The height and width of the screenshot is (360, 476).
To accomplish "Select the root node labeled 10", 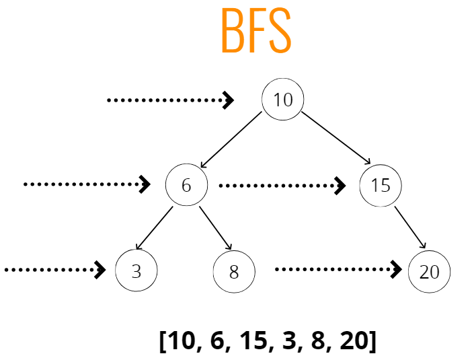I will [282, 100].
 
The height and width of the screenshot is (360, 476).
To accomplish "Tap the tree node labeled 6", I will [186, 184].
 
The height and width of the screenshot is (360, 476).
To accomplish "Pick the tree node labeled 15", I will [381, 184].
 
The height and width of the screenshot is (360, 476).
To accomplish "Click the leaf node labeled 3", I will [136, 271].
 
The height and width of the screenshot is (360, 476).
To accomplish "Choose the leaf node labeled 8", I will [234, 272].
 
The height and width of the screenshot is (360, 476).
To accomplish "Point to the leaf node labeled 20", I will [429, 272].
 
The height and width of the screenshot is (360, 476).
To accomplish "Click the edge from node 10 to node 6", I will [231, 140].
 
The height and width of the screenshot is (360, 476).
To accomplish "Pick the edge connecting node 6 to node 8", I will [214, 227].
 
